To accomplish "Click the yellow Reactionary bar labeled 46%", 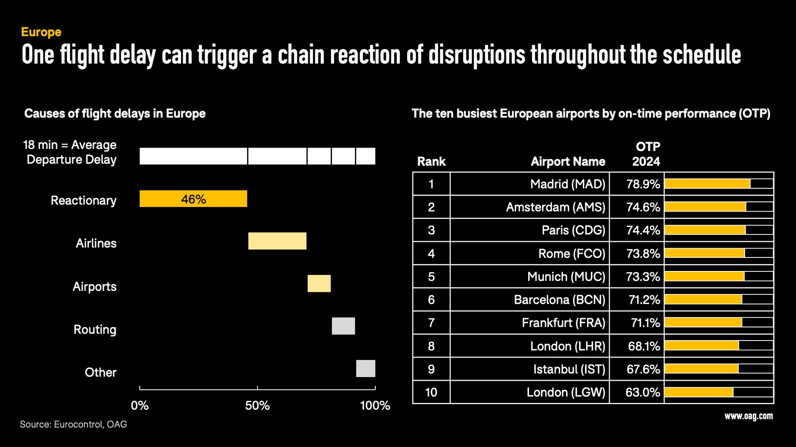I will pos(193,199).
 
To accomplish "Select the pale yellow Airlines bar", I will pos(277,241).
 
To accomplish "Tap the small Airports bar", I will pos(319,283).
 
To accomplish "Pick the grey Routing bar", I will pos(343,326).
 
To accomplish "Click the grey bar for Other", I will pos(366,369).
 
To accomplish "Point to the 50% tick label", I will pos(257,406).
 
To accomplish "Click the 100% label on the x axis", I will pos(375,406).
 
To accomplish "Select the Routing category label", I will pos(95,330).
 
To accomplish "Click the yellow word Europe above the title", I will pos(41,32).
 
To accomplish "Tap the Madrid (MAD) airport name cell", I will pos(567,184).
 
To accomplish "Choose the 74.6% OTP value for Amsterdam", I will pos(643,207).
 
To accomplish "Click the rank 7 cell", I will pos(431,323).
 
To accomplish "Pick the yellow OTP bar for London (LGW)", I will pos(698,392).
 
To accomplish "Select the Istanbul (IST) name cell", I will pos(569,369).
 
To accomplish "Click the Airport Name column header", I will pos(568,162).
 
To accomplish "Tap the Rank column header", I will pos(431,162).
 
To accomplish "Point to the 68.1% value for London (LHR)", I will pos(644,346).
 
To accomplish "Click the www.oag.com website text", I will pos(748,416).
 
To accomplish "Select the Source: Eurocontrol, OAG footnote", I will pos(73,425).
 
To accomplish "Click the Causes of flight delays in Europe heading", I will pos(115,114).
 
